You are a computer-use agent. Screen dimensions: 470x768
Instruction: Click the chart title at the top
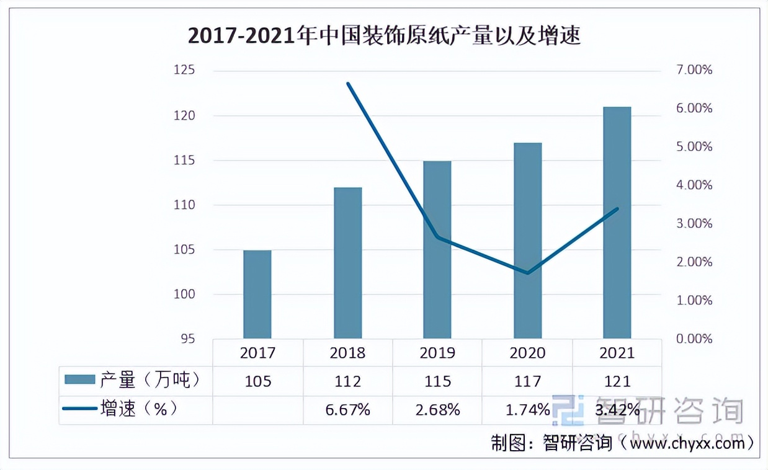click(x=384, y=37)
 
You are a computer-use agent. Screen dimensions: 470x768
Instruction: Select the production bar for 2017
click(x=257, y=295)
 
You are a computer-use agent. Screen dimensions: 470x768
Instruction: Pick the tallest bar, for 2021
click(x=617, y=223)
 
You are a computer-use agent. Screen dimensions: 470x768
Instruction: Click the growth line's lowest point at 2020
click(x=527, y=273)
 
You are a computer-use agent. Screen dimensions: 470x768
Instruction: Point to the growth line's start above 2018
click(x=348, y=83)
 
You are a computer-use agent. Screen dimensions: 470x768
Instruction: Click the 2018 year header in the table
click(x=347, y=353)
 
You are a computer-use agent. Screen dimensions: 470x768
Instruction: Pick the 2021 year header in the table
click(x=617, y=353)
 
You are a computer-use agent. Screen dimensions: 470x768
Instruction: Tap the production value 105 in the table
click(x=258, y=381)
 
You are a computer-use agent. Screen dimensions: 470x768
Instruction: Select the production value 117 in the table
click(x=527, y=381)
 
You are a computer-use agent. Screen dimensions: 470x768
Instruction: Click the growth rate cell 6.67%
click(x=347, y=410)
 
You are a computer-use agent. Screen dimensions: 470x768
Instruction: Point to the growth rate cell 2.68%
click(x=437, y=410)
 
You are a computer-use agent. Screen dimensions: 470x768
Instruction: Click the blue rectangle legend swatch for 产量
click(x=79, y=379)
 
